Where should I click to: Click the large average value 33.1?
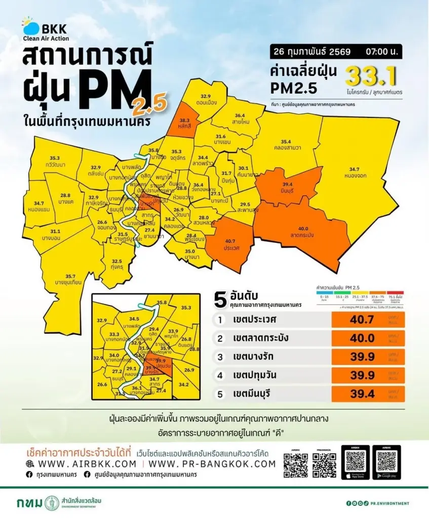tap(371, 76)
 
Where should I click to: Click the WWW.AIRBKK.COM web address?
tap(81, 464)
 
